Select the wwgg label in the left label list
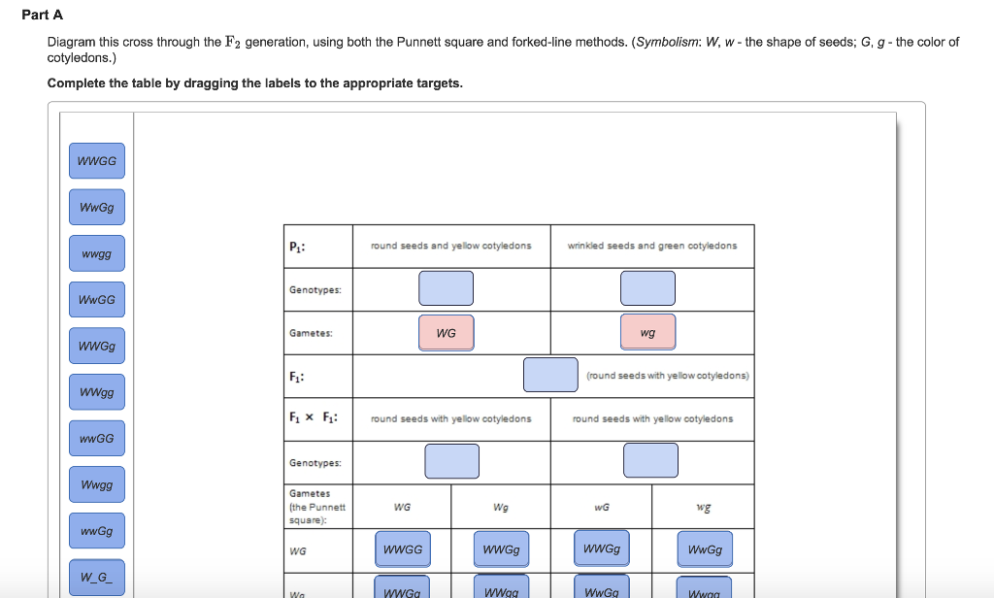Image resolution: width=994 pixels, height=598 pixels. pyautogui.click(x=96, y=254)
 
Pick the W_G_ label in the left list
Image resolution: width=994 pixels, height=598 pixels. pyautogui.click(x=96, y=578)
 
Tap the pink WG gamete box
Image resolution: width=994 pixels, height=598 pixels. pyautogui.click(x=446, y=333)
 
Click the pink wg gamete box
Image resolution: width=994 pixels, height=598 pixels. pyautogui.click(x=647, y=333)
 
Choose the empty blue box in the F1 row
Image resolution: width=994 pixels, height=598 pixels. pyautogui.click(x=550, y=375)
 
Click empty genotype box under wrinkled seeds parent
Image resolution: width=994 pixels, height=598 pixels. pyautogui.click(x=647, y=288)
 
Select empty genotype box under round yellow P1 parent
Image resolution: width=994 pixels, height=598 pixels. pyautogui.click(x=446, y=288)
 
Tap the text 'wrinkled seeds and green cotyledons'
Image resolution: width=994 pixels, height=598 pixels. pyautogui.click(x=651, y=247)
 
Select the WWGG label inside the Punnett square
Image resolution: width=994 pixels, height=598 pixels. pyautogui.click(x=403, y=549)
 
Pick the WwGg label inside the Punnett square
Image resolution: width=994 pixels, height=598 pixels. pyautogui.click(x=705, y=549)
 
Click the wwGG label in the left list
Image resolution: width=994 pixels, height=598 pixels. pyautogui.click(x=96, y=439)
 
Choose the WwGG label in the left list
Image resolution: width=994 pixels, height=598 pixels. pyautogui.click(x=96, y=300)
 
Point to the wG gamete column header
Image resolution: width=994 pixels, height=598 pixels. pyautogui.click(x=602, y=507)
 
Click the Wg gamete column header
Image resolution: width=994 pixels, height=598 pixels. pyautogui.click(x=501, y=507)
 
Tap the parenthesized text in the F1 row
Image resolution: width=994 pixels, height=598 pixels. pyautogui.click(x=667, y=375)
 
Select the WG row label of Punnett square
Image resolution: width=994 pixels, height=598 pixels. pyautogui.click(x=297, y=550)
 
